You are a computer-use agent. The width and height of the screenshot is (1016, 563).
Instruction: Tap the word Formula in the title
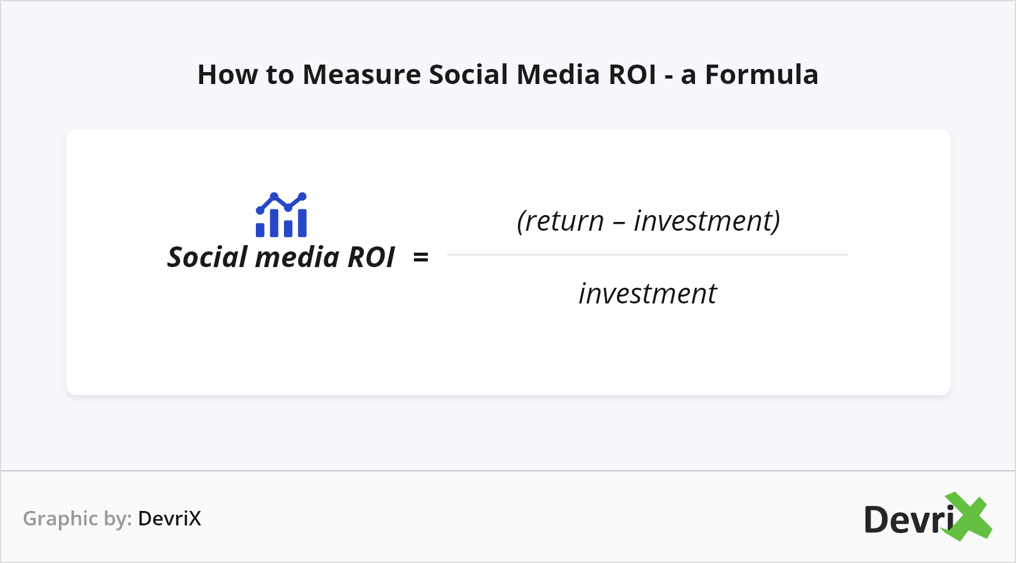click(761, 75)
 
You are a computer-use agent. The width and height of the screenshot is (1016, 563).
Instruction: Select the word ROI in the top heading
click(632, 75)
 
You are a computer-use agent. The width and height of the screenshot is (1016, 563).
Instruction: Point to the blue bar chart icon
click(282, 215)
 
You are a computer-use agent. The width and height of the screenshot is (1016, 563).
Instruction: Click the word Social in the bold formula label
click(208, 257)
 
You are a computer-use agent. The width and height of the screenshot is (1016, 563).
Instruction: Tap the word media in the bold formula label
click(297, 257)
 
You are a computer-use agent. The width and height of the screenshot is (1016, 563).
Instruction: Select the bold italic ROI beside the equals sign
click(371, 257)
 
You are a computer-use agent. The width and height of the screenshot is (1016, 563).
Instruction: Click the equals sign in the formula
click(421, 257)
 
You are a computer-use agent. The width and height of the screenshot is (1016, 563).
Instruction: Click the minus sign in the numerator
click(618, 223)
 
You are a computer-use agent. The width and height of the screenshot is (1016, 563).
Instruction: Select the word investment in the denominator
click(647, 293)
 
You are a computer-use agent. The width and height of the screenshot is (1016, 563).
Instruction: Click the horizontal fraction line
click(647, 255)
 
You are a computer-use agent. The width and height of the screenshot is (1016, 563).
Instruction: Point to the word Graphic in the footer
click(60, 518)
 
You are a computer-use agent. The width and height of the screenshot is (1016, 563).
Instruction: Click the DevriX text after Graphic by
click(169, 518)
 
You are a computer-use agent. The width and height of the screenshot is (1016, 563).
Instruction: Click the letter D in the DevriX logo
click(877, 520)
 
